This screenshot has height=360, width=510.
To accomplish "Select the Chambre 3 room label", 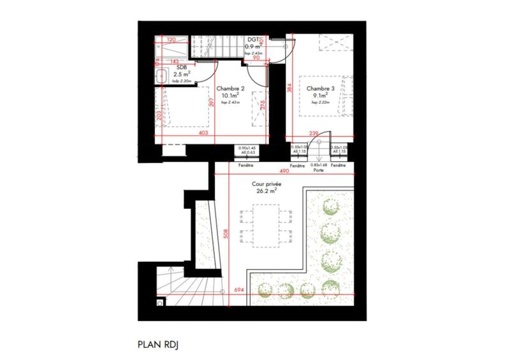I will (x=319, y=89).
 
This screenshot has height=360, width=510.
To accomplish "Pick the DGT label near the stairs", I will (x=253, y=39).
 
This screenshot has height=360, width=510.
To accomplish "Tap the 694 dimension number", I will (x=240, y=291).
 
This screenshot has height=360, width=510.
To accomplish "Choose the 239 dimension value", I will (x=314, y=133).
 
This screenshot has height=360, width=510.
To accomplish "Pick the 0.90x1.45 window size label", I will (x=246, y=148).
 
